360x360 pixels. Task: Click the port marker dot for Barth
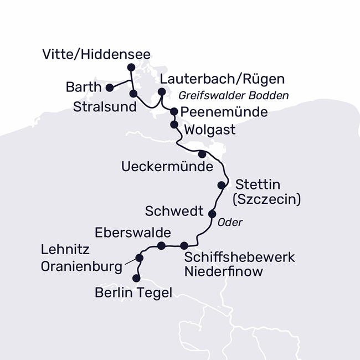click(x=110, y=87)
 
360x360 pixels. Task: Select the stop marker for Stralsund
click(x=133, y=93)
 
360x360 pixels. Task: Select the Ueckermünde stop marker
click(x=202, y=153)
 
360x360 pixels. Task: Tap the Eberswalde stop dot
click(x=161, y=245)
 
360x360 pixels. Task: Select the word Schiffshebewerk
click(x=239, y=258)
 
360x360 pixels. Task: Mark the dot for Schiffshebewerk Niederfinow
click(x=184, y=245)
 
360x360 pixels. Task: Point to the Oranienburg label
click(x=81, y=266)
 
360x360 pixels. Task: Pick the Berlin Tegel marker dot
click(x=137, y=279)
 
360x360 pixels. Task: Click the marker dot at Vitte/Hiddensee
click(x=131, y=67)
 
